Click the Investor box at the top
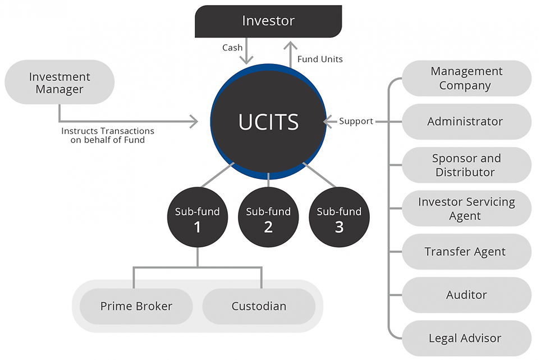coord(268,21)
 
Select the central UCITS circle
coord(268,122)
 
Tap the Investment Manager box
coord(59,82)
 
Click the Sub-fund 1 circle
coord(198,219)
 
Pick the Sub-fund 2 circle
coord(268,219)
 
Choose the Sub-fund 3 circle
coord(339,219)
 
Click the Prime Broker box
coord(136,306)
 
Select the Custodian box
coord(259,306)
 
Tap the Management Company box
coord(466,79)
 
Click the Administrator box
coord(466,122)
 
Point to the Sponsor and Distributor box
coord(466,165)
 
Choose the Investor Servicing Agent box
coord(466,209)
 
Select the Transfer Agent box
coord(466,252)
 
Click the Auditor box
coord(466,295)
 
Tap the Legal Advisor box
coord(466,338)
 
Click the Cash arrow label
coord(232,48)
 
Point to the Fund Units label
coord(320,59)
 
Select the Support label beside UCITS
coord(356,121)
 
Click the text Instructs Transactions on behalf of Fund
coord(108,135)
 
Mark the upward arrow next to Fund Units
coord(290,55)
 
